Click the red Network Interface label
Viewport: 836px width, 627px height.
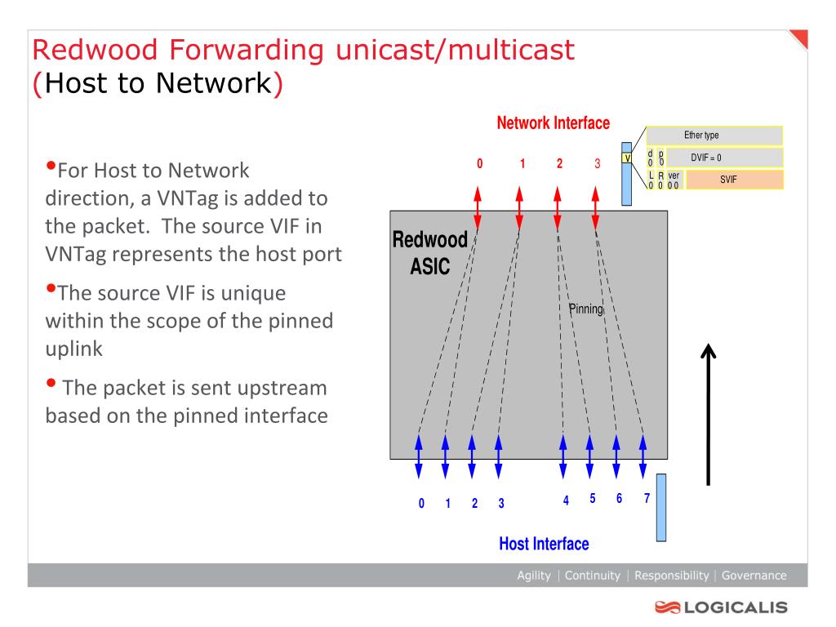click(553, 123)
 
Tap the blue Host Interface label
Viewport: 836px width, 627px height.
click(544, 544)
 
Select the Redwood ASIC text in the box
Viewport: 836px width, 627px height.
click(429, 253)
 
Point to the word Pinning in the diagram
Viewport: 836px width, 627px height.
click(586, 309)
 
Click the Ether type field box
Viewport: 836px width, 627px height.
click(714, 136)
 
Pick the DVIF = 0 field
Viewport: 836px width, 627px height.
click(725, 158)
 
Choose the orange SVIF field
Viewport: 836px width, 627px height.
click(735, 180)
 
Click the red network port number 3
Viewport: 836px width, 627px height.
click(597, 163)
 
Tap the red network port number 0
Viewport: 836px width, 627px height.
click(479, 163)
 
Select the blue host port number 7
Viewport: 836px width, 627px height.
click(647, 498)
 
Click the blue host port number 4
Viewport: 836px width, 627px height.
click(566, 500)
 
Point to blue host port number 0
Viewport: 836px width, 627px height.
click(421, 503)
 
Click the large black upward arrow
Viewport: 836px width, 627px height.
click(708, 414)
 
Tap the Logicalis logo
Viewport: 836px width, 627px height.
click(722, 607)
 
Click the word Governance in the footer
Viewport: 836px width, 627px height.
click(754, 576)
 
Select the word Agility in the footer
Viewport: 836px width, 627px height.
click(534, 576)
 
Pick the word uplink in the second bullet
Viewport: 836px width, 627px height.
click(74, 349)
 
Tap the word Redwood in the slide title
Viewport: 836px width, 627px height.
click(95, 50)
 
